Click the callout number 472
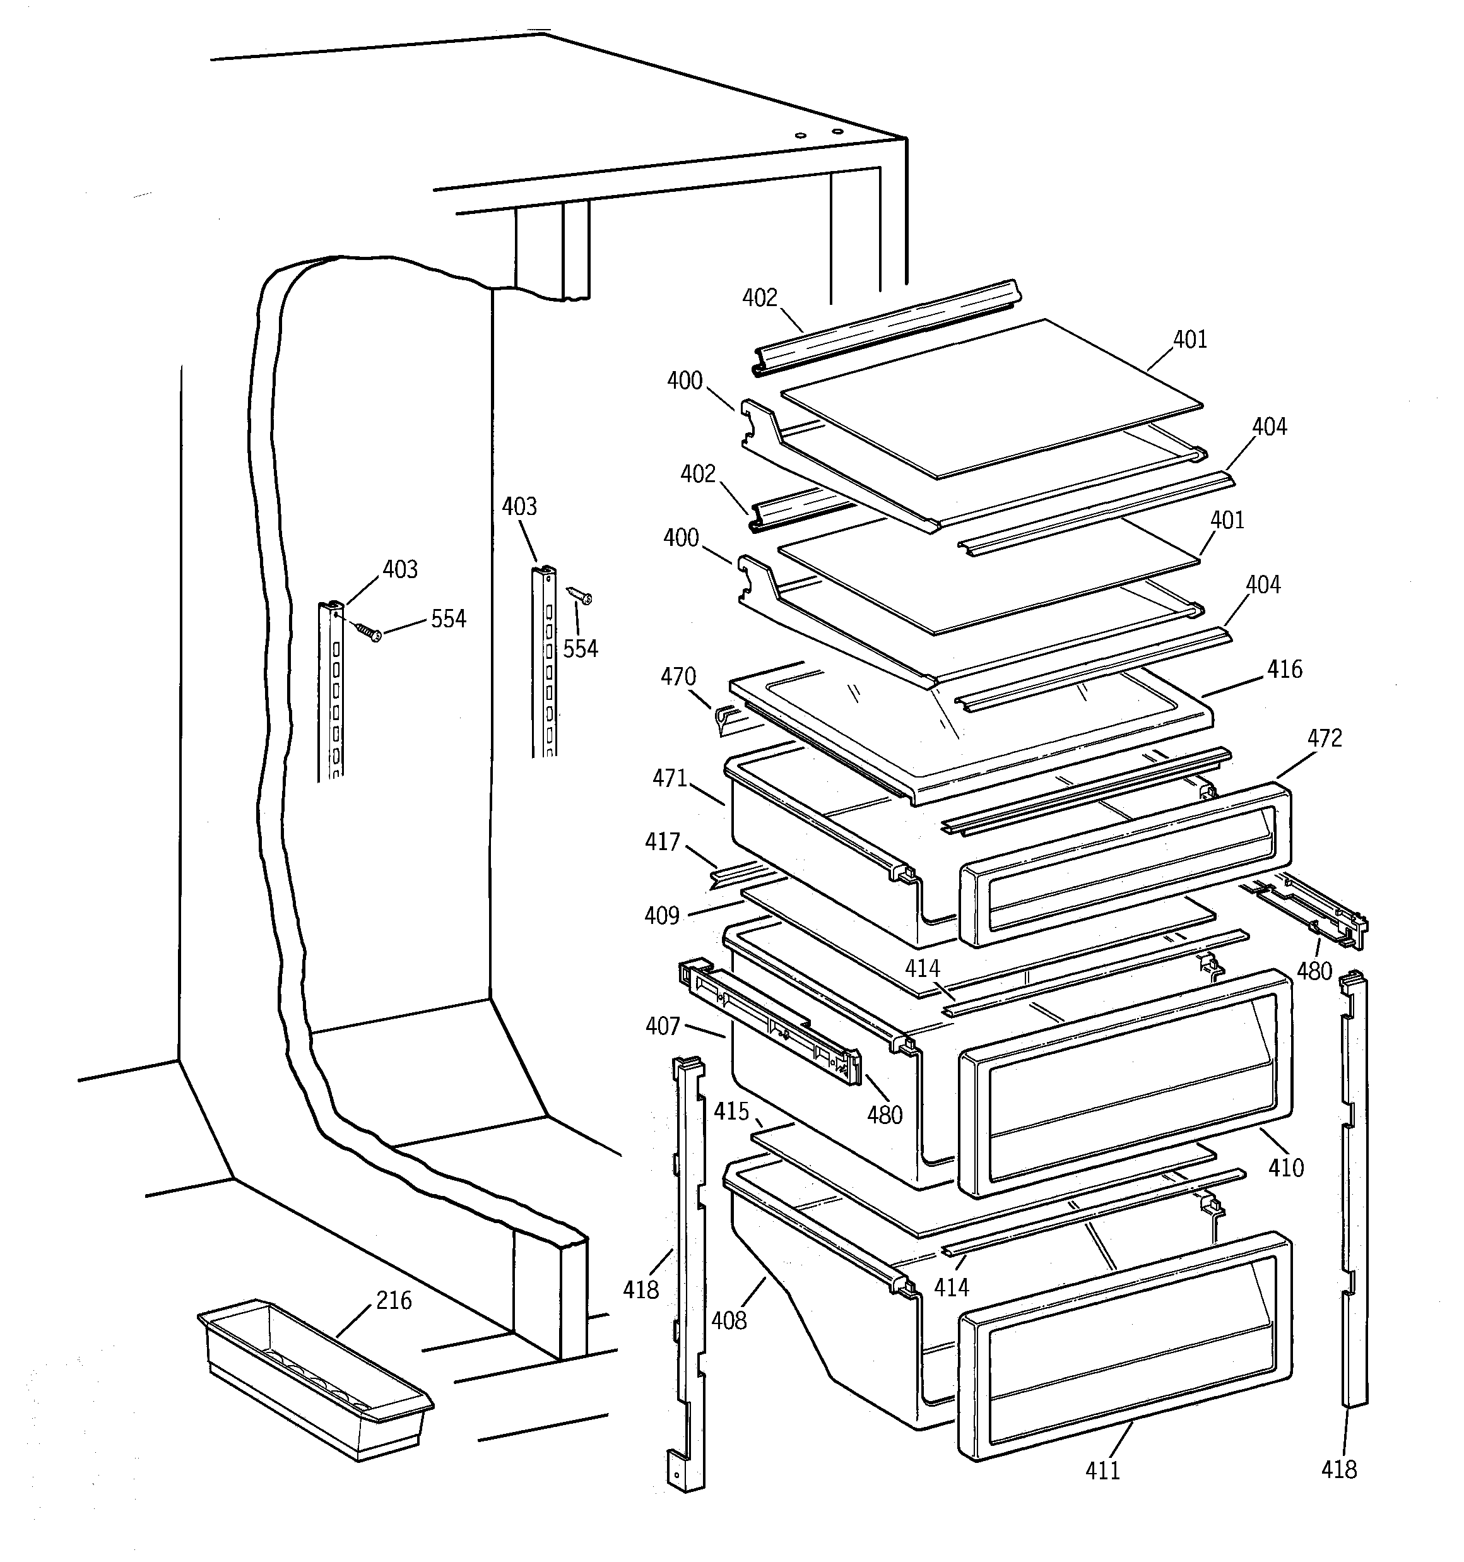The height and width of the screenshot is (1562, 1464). tap(1324, 738)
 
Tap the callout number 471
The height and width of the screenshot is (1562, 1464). tap(669, 778)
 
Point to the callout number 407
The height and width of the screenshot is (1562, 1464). tap(663, 1026)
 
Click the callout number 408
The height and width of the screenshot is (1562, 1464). tap(728, 1320)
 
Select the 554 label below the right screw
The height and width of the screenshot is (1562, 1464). tap(580, 648)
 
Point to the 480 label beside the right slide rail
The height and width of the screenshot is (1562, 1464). tap(1314, 971)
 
